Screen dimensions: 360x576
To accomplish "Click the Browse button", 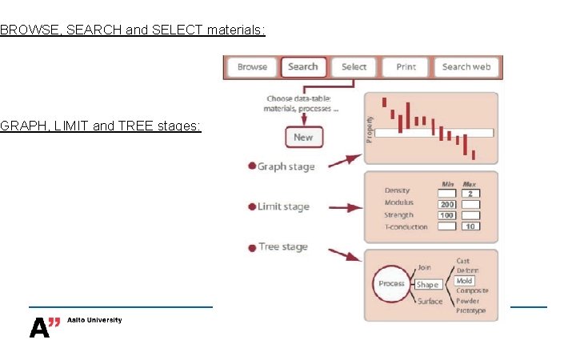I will [x=252, y=67].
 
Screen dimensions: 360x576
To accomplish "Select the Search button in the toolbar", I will [x=303, y=67].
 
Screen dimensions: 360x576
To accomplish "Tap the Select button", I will [x=354, y=67].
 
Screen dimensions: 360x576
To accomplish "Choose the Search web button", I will [x=466, y=67].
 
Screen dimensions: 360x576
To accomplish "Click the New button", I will [x=303, y=137].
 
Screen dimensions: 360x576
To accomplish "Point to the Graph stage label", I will [x=286, y=166].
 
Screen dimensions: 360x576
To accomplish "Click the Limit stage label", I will [x=283, y=207].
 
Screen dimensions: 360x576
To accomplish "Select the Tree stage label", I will [x=282, y=247].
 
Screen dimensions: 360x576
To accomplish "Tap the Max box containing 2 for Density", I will [x=471, y=194].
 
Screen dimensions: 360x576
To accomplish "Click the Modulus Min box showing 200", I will [x=446, y=204].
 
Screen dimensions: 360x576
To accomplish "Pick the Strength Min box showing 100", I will [x=446, y=215].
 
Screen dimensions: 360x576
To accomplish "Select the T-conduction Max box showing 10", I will [x=471, y=226].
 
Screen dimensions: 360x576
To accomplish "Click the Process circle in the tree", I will [x=391, y=284].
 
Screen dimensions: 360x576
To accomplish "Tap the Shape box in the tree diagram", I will [x=428, y=284].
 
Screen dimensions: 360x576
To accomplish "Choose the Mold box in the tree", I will [x=464, y=281].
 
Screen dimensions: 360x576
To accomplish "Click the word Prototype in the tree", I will [x=470, y=310].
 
